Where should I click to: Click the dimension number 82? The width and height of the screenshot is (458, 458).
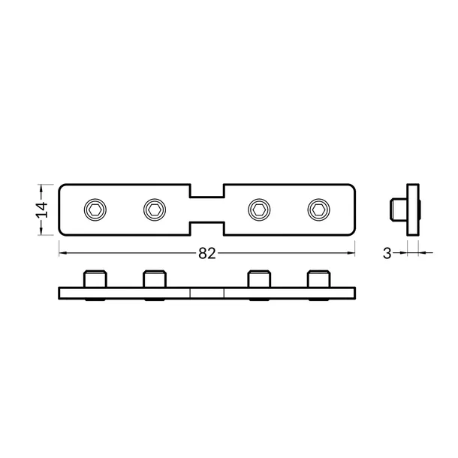[x=207, y=254]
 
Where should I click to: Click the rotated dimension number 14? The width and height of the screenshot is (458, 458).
[x=41, y=209]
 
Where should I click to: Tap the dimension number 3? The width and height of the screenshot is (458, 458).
[x=387, y=254]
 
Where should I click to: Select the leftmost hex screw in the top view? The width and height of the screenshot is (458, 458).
[x=95, y=209]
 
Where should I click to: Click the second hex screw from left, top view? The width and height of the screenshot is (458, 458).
[x=155, y=209]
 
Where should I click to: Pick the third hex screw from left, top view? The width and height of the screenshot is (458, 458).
[x=259, y=209]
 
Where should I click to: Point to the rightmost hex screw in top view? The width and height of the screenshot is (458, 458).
[x=318, y=209]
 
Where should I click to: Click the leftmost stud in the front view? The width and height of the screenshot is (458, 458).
[x=95, y=279]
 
